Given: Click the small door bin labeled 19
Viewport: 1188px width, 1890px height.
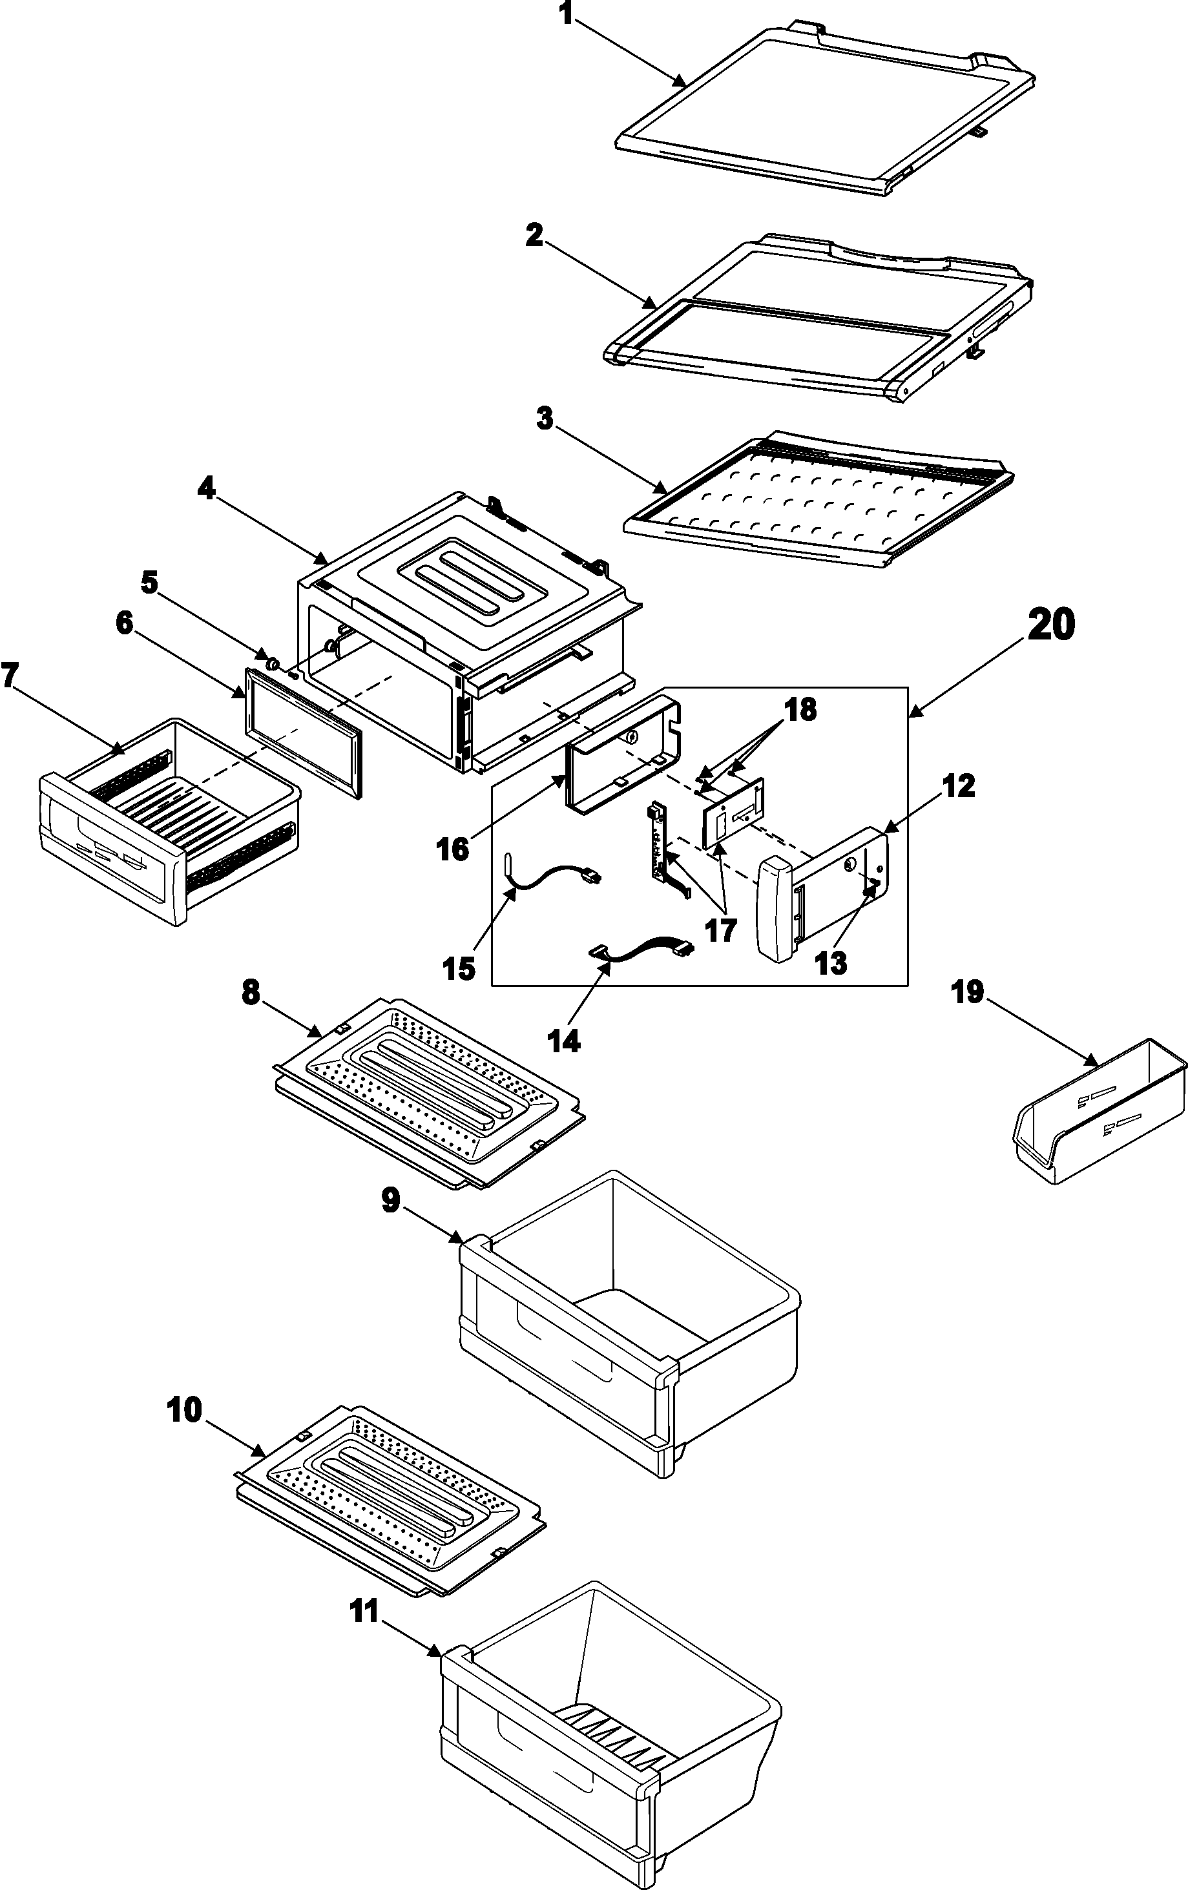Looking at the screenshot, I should click(x=1099, y=1114).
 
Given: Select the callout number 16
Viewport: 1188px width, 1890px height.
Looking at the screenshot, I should click(x=454, y=849).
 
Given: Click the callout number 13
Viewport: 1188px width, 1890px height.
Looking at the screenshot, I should click(x=831, y=962).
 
